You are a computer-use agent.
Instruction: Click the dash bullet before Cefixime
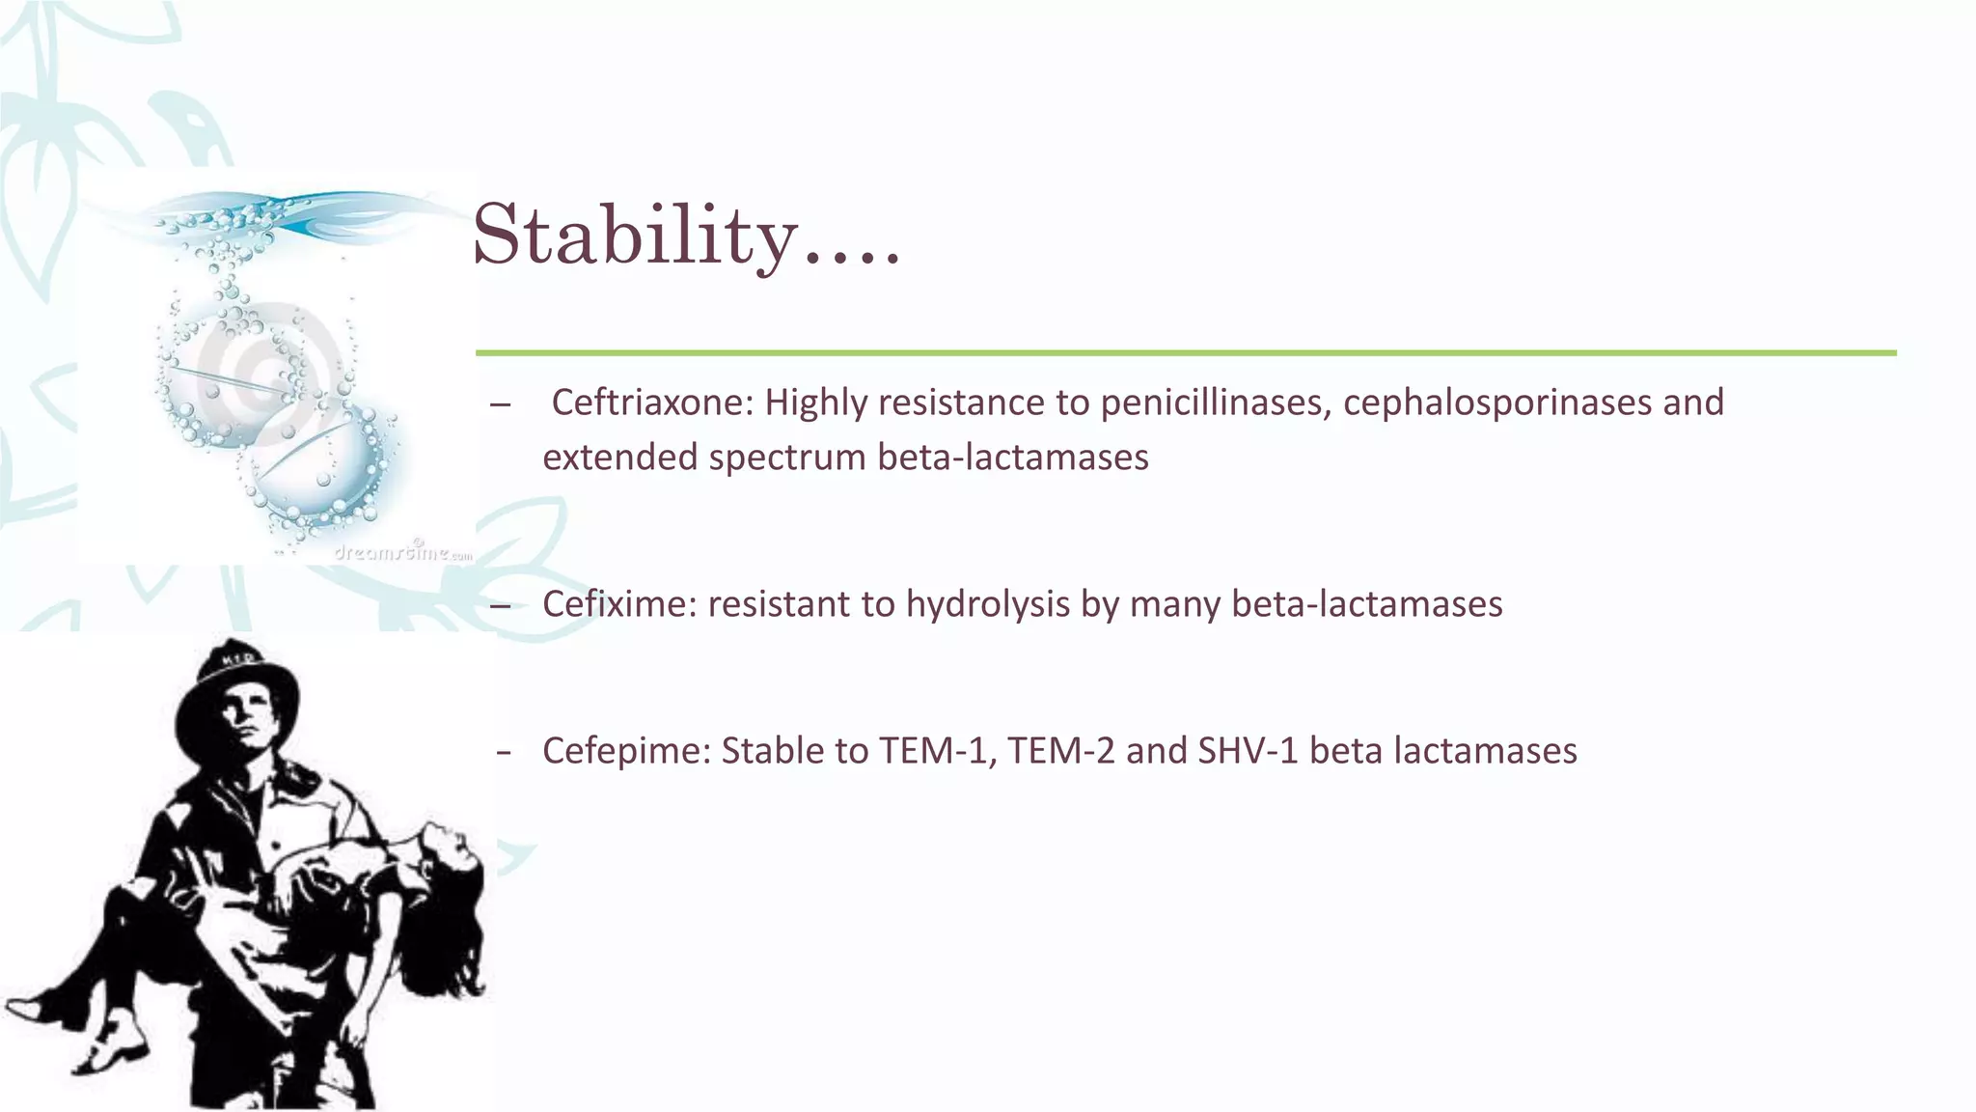500,606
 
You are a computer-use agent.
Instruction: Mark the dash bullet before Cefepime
503,752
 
